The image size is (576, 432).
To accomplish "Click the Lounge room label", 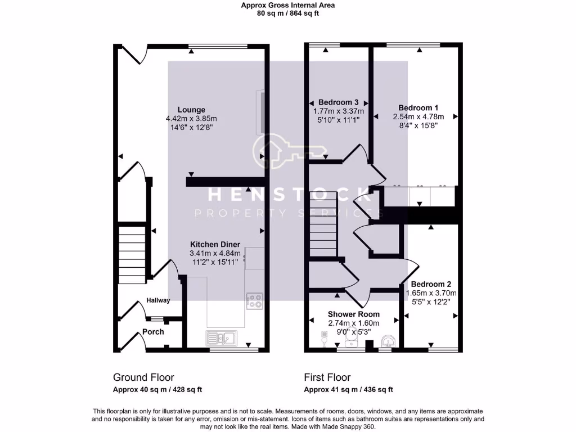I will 191,110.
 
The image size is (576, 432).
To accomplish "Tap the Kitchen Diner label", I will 215,245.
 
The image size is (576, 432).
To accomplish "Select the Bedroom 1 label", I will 418,108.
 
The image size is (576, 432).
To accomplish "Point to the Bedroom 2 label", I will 430,285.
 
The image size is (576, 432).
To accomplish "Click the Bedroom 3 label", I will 338,102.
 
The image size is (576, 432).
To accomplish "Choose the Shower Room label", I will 353,314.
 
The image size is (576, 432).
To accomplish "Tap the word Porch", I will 153,332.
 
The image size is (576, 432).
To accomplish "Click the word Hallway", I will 158,300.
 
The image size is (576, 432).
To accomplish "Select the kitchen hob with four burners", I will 254,301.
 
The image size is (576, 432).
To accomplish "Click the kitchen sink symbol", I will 222,337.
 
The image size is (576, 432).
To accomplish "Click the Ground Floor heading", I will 143,377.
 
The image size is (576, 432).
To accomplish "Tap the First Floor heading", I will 327,377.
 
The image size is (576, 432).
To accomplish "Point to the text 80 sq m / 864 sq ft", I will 287,13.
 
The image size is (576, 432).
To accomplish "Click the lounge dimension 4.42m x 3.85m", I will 191,119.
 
